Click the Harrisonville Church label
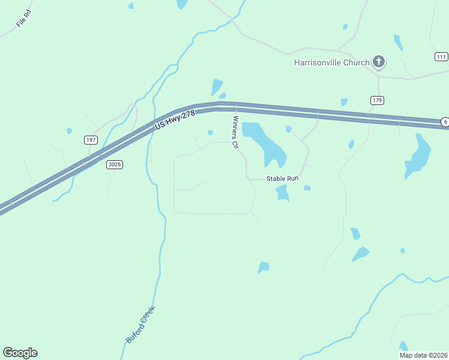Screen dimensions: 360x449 point(331,62)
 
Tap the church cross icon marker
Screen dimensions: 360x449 point(379,61)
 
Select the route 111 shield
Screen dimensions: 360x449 point(442,56)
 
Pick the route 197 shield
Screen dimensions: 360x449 point(91,140)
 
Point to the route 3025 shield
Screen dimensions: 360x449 point(115,164)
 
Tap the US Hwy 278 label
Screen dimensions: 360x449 point(175,121)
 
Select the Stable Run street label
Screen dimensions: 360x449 point(282,178)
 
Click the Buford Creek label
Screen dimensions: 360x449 point(140,325)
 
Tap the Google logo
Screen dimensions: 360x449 point(20,353)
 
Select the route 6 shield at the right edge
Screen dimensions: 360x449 point(445,122)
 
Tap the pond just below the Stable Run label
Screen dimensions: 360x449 point(282,193)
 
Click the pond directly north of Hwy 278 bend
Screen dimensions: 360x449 point(216,87)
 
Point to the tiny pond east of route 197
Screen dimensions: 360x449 point(69,131)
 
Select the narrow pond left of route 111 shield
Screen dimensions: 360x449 point(398,42)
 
